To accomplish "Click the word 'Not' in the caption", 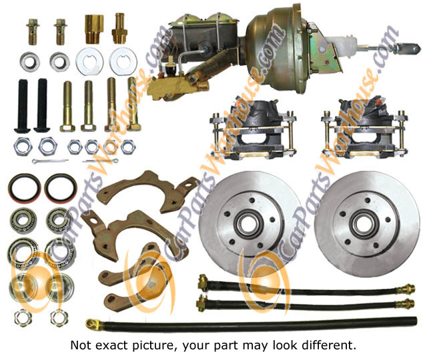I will pyautogui.click(x=81, y=345).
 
